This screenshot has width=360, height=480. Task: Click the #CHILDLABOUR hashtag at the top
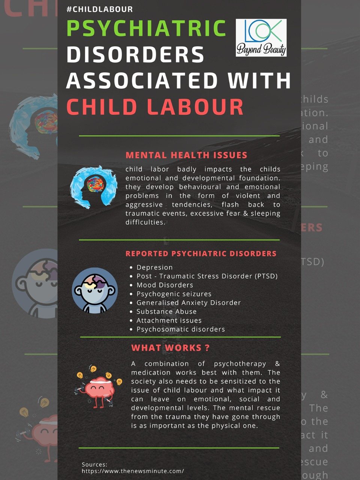[x=99, y=9]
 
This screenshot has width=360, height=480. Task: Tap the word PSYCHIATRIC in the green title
[x=147, y=28]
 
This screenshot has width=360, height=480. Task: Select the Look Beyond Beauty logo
[x=261, y=38]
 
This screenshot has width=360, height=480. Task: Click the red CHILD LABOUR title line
[x=155, y=106]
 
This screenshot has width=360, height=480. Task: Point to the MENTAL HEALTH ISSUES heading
[x=186, y=155]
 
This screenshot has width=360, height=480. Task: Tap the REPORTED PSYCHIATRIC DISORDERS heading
[x=201, y=253]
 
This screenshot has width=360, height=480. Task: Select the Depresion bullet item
[x=154, y=267]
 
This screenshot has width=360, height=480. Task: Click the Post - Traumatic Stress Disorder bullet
[x=207, y=276]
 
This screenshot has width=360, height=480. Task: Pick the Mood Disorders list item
[x=165, y=285]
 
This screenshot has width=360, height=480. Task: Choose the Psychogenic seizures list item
[x=174, y=294]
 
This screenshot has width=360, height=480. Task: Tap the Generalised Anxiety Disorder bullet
[x=189, y=303]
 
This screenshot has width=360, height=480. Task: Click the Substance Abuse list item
[x=166, y=312]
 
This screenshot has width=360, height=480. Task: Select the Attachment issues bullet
[x=169, y=321]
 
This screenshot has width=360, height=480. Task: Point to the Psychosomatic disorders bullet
[x=181, y=329]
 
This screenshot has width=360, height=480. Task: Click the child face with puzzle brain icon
[x=94, y=290]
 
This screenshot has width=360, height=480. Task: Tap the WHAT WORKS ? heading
[x=170, y=348]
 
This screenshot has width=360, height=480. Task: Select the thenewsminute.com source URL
[x=133, y=471]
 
